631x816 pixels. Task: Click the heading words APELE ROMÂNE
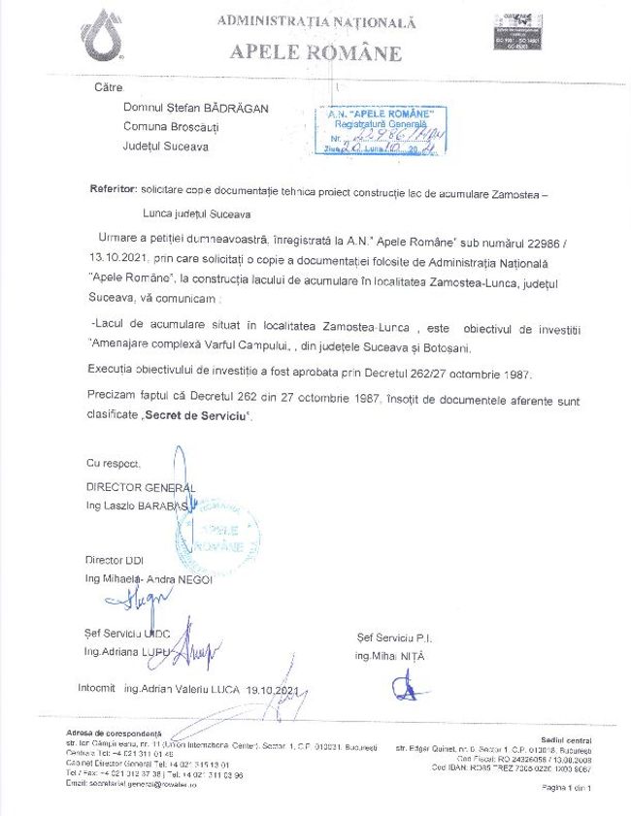tap(302, 52)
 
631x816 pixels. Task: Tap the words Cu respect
tap(113, 464)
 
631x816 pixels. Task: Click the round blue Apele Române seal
tap(218, 538)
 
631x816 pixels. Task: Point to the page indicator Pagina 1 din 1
tap(566, 788)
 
